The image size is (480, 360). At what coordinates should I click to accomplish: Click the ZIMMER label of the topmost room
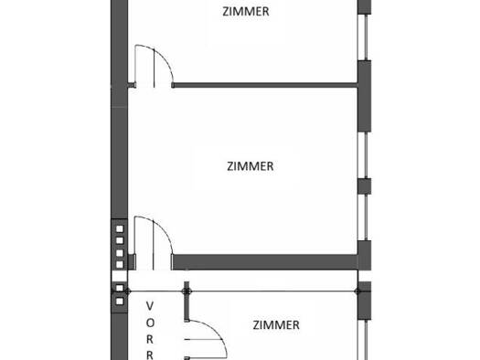246,12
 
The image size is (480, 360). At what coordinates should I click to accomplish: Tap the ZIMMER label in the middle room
251,166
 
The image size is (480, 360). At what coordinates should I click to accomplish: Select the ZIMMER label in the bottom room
276,325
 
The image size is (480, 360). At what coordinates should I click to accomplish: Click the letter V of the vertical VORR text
150,306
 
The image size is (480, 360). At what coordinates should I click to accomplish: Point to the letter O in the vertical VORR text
150,323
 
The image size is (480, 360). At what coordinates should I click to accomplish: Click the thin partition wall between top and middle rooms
265,85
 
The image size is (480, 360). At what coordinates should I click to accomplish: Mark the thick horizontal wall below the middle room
265,262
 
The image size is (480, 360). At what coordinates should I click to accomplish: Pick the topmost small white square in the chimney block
120,228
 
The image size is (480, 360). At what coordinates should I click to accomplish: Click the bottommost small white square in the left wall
120,302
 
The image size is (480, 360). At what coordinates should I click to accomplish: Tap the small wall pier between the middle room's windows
364,186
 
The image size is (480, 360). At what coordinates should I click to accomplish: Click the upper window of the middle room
365,155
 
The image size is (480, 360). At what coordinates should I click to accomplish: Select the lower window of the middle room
365,217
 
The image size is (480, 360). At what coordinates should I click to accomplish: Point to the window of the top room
365,37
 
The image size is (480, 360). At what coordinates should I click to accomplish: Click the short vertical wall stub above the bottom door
187,302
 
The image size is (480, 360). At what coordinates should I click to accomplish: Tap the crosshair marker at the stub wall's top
187,291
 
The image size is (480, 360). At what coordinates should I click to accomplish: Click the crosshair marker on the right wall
357,291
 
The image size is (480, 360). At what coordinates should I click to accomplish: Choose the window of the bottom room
365,340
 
